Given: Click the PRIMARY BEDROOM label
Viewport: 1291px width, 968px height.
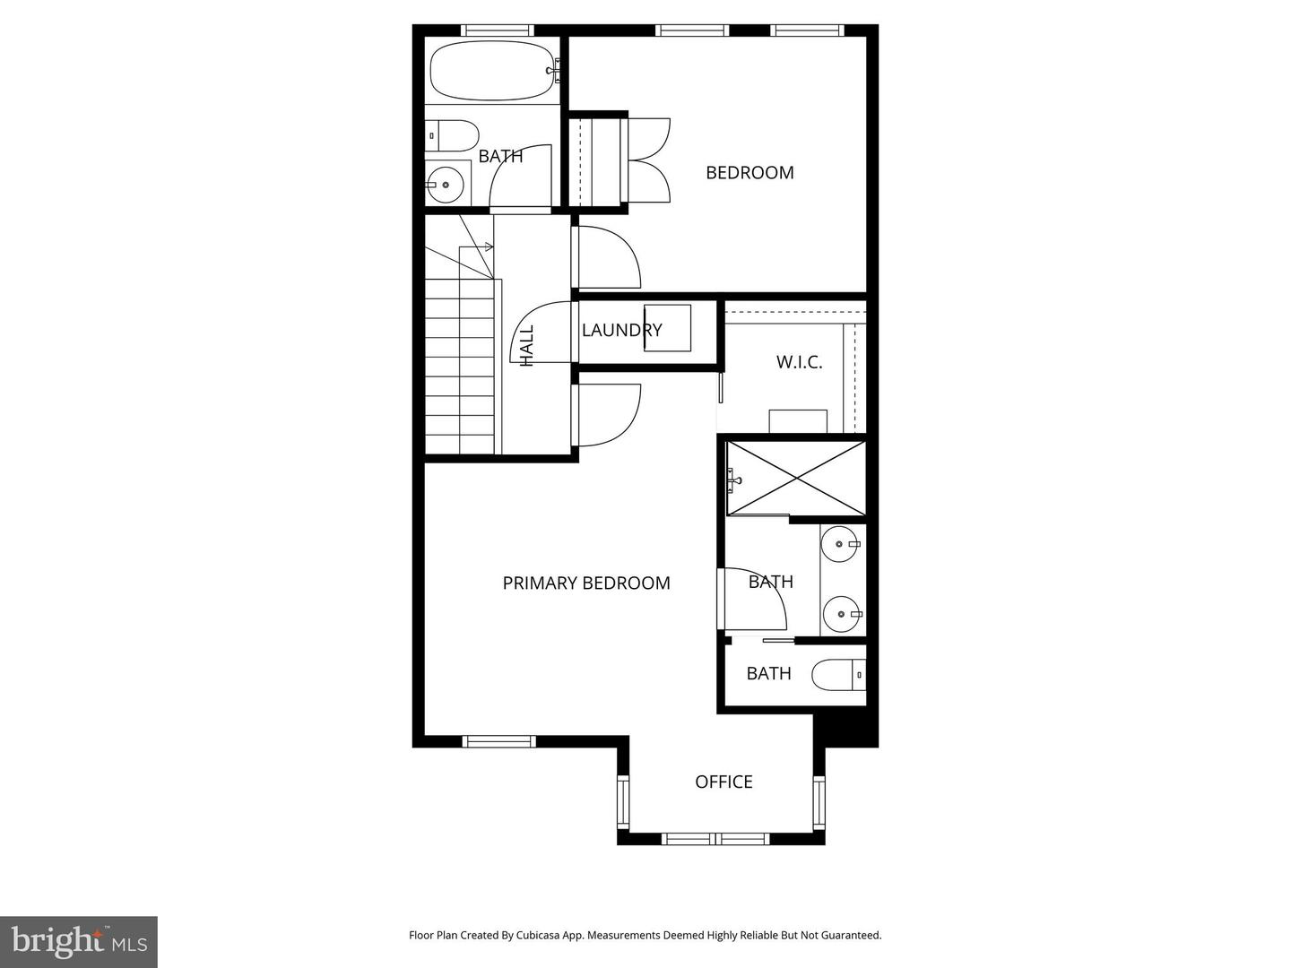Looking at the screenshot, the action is (586, 583).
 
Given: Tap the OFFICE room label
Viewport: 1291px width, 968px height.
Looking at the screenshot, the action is (724, 782).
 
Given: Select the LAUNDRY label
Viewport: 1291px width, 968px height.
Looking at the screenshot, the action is (621, 331).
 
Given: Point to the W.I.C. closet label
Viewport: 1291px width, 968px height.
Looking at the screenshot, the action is (799, 362).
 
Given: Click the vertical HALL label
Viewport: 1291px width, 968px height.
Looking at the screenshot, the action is (527, 346).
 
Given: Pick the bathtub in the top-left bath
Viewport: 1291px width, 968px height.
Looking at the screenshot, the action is (494, 71).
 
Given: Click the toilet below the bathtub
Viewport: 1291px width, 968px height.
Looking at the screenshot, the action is (452, 135).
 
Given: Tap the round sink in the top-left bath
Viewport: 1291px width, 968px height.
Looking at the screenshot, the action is (445, 185).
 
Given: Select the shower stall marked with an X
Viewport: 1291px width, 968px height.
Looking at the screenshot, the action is (796, 479).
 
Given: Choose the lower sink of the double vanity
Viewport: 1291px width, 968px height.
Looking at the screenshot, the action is (841, 614).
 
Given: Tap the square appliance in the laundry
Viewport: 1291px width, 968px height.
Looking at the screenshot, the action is (668, 328).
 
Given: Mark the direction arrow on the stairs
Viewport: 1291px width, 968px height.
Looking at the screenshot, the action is (476, 246).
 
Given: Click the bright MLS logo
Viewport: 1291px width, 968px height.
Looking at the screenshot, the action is (79, 941).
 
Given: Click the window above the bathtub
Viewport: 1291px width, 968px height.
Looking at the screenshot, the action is (497, 30).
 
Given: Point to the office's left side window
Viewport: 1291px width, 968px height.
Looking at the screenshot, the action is (623, 800).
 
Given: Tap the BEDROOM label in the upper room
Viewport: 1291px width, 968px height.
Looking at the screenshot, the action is (749, 173).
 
